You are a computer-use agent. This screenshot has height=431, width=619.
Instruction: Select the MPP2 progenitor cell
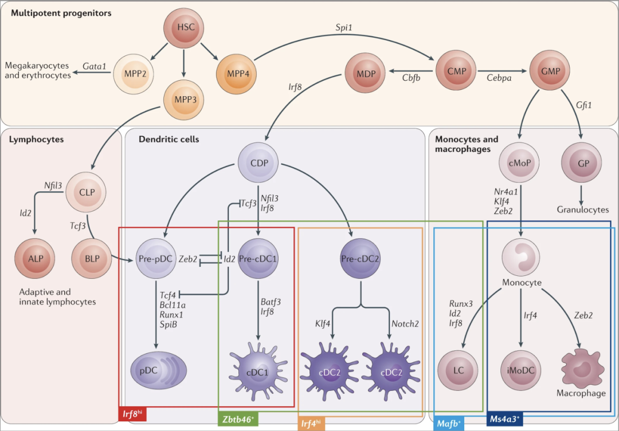pos(133,73)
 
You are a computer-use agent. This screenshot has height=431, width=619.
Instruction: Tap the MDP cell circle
pos(365,73)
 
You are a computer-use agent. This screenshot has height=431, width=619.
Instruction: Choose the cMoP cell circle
pos(519,162)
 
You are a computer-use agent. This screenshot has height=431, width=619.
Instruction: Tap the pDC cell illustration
pos(155,370)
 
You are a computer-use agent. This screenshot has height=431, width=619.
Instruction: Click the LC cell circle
pos(458,370)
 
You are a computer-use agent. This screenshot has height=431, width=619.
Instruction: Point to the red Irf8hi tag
pos(132,413)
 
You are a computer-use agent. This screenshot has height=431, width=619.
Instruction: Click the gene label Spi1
pos(344,27)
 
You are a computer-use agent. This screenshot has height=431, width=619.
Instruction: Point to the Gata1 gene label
pos(95,67)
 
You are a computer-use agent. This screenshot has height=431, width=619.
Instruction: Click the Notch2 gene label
pos(405,323)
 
